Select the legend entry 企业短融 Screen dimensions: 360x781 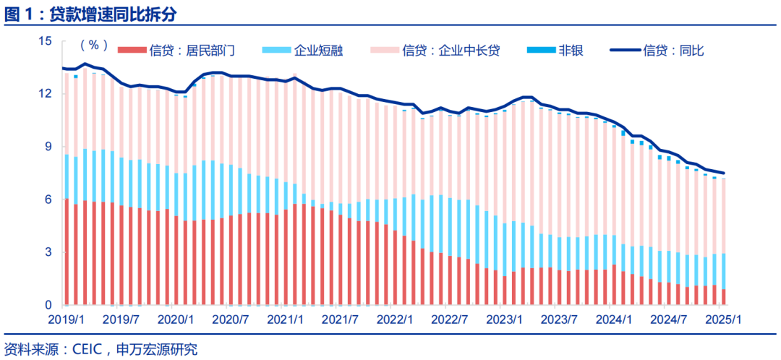click(x=318, y=51)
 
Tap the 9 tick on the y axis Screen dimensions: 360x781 click(x=49, y=147)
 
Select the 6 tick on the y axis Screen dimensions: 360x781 click(x=49, y=200)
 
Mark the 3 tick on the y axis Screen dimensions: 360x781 click(x=49, y=252)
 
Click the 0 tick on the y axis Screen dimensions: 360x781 click(x=49, y=305)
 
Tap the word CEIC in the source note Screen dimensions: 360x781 click(x=88, y=350)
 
